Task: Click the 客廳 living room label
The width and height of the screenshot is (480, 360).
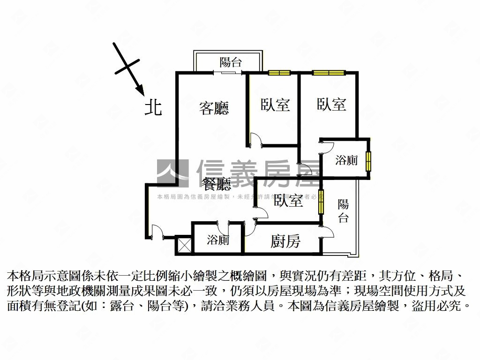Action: (x=214, y=108)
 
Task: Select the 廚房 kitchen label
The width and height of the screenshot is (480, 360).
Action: (x=285, y=241)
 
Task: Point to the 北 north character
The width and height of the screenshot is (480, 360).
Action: (x=153, y=107)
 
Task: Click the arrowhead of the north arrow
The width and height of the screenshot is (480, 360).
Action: (x=139, y=89)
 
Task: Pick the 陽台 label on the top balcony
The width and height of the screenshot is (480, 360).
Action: (x=230, y=62)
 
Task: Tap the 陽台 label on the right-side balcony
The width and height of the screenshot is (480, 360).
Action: (x=343, y=211)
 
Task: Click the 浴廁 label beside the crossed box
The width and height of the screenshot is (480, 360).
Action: (x=218, y=240)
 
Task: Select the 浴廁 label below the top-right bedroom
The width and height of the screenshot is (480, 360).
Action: (x=346, y=160)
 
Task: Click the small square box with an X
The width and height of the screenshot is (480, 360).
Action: (x=183, y=245)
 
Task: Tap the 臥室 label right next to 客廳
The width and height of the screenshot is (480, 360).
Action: (x=275, y=105)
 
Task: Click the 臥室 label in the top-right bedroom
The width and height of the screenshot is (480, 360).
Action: (x=331, y=104)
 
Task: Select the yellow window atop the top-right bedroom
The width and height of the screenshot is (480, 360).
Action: (x=329, y=73)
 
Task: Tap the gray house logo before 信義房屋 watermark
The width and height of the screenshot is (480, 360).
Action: (x=172, y=173)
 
